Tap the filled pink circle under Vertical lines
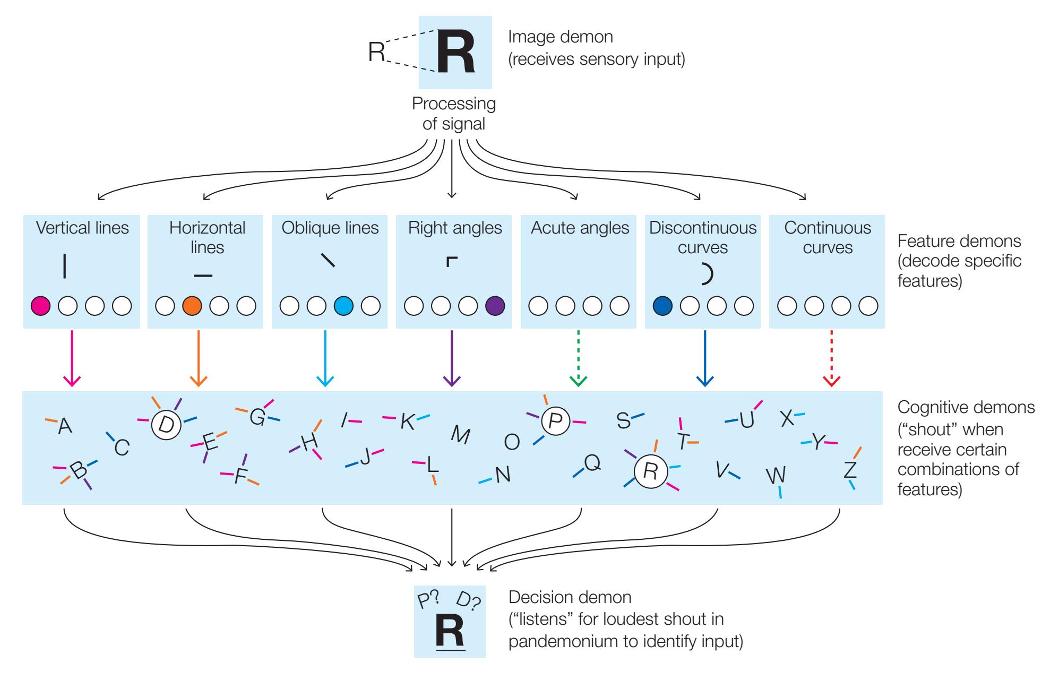coord(40,306)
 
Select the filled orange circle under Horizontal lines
coord(192,306)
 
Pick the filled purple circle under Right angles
coord(495,306)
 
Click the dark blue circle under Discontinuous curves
coord(662,306)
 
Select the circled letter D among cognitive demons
coord(166,424)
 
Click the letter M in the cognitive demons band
coord(460,435)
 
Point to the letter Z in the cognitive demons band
coord(850,470)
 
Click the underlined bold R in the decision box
coord(450,632)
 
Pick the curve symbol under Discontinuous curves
coord(707,273)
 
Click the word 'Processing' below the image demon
coord(453,104)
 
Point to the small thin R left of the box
coord(376,52)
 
